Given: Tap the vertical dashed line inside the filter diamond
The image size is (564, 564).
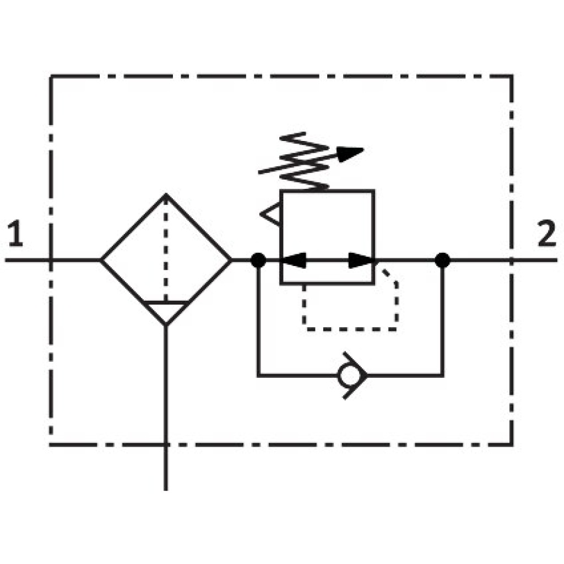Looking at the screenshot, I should (166, 248).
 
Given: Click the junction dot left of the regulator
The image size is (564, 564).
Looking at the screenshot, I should (258, 259).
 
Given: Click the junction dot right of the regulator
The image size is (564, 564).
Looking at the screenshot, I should (442, 259).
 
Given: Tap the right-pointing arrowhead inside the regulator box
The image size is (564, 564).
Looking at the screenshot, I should (361, 260).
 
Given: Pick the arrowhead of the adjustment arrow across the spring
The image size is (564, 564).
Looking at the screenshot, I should (350, 154).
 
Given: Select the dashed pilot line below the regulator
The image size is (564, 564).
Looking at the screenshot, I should (350, 329).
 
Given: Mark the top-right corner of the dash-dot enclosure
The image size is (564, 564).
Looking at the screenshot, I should (512, 76).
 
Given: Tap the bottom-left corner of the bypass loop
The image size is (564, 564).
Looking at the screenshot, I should (258, 376).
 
